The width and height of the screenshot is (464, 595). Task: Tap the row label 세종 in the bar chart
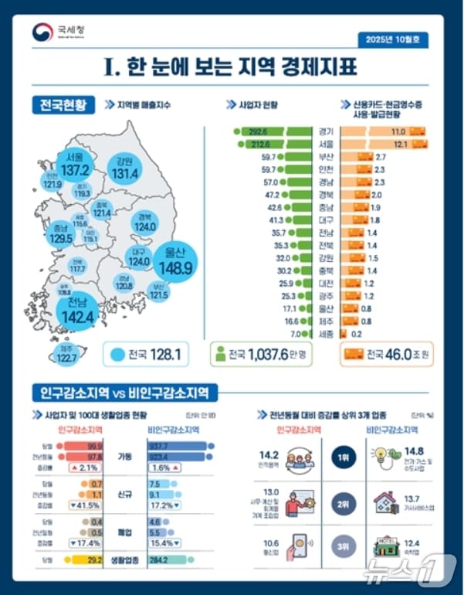point(326,333)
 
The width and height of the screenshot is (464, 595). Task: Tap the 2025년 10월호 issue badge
point(393,39)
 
